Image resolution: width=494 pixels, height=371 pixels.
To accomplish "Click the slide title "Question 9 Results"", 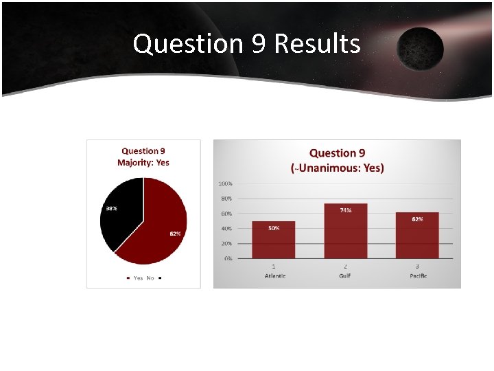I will [246, 43].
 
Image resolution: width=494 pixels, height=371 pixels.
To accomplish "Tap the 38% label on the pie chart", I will [110, 208].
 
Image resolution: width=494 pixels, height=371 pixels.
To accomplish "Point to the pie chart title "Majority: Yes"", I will [143, 163].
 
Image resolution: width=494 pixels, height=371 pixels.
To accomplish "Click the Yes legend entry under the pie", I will [136, 278].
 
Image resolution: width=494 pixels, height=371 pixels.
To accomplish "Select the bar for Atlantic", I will [273, 240].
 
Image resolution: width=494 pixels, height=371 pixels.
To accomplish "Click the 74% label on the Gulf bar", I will [346, 210].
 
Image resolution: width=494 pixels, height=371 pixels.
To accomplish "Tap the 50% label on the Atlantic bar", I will [273, 228].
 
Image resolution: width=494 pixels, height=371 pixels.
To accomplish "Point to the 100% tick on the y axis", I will [225, 183].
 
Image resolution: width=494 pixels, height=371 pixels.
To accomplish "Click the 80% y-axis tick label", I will [226, 199].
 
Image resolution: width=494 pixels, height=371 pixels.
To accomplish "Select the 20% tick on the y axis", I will [226, 243].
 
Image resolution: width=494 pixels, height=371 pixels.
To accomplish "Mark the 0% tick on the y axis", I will [228, 258].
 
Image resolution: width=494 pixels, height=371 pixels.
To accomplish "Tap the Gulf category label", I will [345, 276].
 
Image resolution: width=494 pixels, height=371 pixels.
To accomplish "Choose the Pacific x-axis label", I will [417, 276].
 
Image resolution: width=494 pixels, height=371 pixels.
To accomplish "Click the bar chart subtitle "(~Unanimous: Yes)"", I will [338, 168].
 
